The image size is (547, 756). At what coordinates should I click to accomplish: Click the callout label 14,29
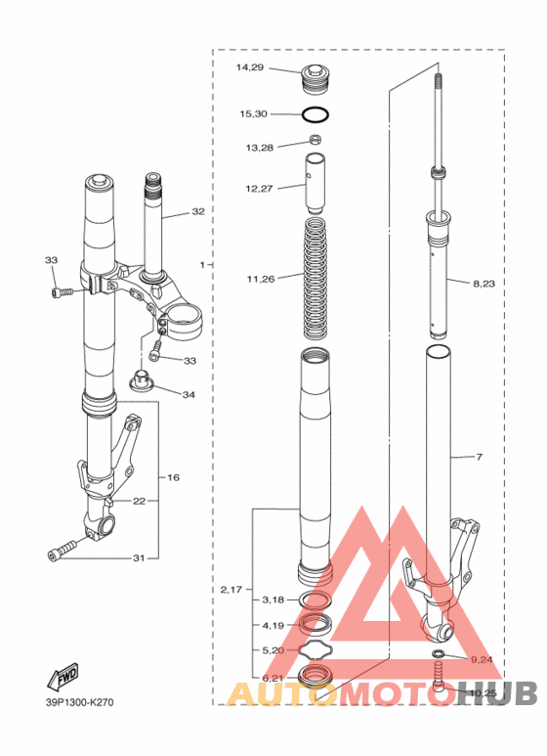click(x=249, y=67)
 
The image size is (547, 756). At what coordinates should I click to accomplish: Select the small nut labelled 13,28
click(x=316, y=140)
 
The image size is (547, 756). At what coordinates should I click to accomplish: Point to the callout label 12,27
click(x=259, y=189)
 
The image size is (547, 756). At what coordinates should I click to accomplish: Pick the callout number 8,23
click(x=484, y=284)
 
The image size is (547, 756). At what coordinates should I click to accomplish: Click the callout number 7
click(x=479, y=457)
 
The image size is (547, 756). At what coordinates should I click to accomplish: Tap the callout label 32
click(x=198, y=211)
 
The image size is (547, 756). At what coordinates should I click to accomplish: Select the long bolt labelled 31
click(x=63, y=550)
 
